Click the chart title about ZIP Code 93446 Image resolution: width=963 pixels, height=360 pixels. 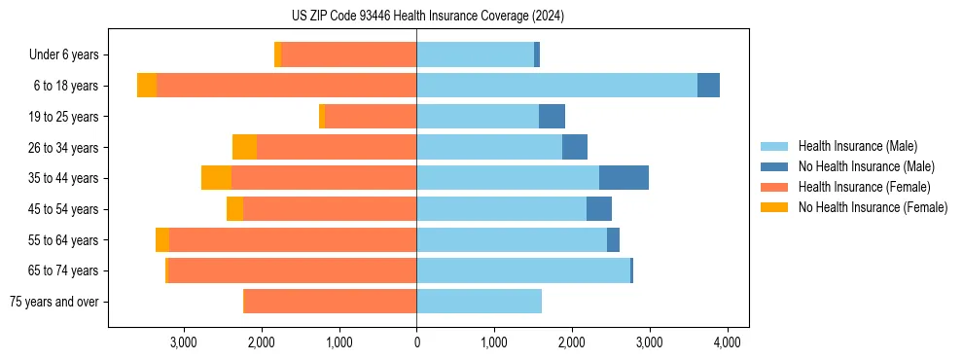click(427, 16)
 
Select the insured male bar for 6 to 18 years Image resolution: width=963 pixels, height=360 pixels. click(556, 86)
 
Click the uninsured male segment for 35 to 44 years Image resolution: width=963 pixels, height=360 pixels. click(624, 178)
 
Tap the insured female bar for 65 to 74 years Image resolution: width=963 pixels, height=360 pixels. click(292, 270)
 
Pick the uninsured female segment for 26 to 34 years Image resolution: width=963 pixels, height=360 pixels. click(244, 147)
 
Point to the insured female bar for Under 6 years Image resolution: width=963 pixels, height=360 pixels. click(348, 54)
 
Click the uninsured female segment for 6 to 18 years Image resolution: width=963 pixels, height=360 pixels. click(147, 86)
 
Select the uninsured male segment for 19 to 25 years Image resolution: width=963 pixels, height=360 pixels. click(552, 117)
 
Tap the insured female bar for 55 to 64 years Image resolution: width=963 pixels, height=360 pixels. click(293, 240)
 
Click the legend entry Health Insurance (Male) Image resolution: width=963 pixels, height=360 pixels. click(857, 146)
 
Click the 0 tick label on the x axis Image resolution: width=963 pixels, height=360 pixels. click(416, 342)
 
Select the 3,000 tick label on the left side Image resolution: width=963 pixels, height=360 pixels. click(183, 342)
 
